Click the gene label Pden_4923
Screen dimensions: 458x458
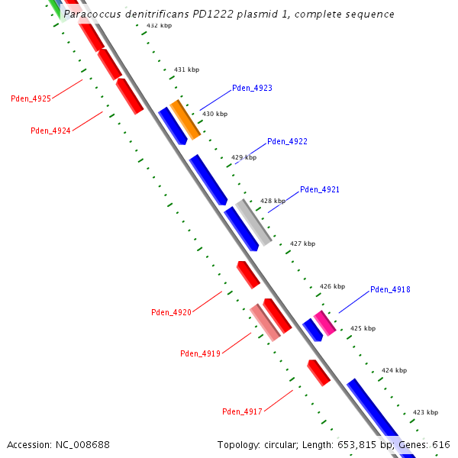click(252, 88)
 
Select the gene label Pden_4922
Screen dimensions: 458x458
click(287, 141)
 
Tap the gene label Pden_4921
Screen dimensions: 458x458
click(320, 189)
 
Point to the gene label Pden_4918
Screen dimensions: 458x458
click(390, 289)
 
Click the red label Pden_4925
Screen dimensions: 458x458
click(31, 98)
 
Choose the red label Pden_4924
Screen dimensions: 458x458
click(50, 131)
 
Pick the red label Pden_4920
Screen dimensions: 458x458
click(171, 312)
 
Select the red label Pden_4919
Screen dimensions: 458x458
click(200, 353)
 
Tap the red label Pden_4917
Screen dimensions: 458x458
click(242, 411)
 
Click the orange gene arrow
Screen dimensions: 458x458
click(185, 120)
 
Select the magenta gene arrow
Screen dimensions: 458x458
click(324, 323)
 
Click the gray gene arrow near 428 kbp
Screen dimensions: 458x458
click(253, 222)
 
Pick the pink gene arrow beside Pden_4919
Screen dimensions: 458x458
click(265, 322)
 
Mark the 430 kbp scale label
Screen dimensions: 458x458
click(214, 114)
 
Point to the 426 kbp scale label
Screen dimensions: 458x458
click(332, 286)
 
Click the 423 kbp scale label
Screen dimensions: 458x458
click(425, 412)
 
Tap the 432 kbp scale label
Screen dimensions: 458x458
click(159, 25)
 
